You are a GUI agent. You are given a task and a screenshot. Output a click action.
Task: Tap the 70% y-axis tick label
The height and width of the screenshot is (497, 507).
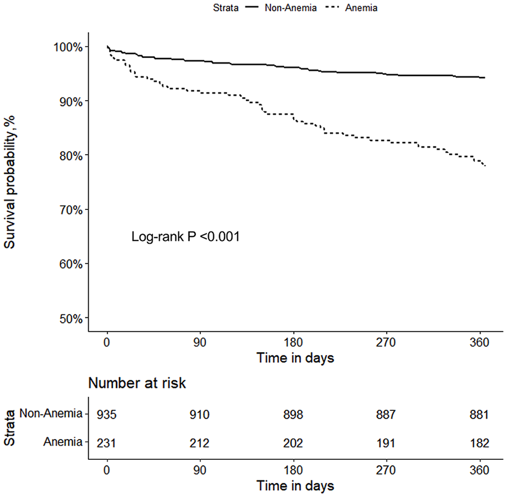click(71, 210)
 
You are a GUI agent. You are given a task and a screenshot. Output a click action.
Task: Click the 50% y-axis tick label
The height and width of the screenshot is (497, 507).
click(71, 319)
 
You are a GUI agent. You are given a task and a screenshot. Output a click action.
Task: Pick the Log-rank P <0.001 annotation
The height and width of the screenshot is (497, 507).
click(186, 237)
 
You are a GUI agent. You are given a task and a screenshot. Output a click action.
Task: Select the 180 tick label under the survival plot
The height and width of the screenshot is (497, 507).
click(293, 342)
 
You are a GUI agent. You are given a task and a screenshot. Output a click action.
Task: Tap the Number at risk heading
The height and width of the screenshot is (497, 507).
click(137, 383)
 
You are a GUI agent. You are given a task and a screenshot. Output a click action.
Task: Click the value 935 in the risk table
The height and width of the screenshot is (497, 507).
click(107, 415)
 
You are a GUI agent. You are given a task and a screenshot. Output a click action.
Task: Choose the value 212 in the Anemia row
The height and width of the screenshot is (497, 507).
click(200, 443)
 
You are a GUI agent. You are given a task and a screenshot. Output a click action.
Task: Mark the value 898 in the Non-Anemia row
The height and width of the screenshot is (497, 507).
click(293, 415)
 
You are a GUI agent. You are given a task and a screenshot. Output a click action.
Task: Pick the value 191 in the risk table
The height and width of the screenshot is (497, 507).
click(386, 443)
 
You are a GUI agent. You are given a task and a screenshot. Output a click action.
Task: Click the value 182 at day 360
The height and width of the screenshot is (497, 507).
click(479, 443)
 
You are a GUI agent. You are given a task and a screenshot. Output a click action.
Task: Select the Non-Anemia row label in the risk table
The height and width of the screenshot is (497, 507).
click(51, 413)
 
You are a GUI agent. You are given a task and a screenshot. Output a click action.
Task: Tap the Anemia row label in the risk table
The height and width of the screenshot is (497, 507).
click(63, 442)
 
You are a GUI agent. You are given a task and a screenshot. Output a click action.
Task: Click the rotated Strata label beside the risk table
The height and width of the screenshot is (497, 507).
click(10, 428)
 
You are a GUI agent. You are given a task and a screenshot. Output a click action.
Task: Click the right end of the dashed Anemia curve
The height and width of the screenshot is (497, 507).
click(486, 166)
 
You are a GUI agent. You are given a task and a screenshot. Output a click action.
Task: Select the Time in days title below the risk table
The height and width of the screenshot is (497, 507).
click(295, 486)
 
